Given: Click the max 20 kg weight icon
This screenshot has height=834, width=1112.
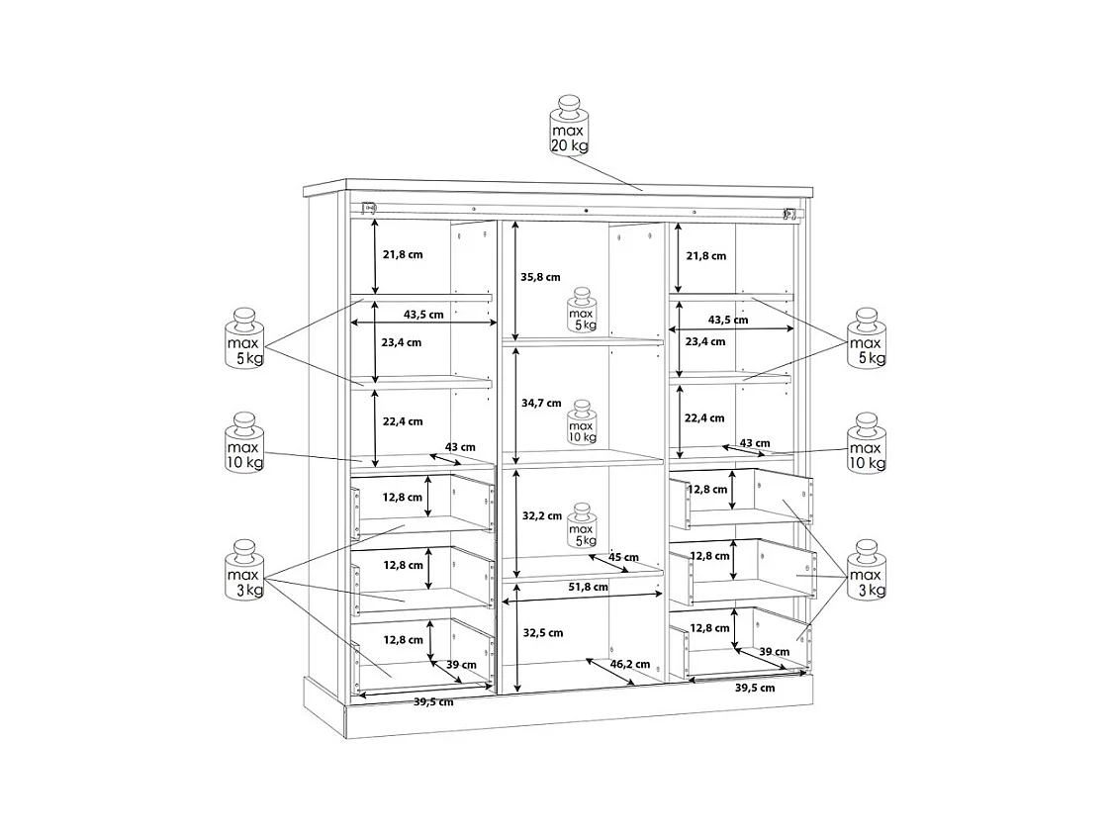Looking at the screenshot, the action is click(x=569, y=127).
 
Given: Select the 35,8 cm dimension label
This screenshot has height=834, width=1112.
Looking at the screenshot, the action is click(x=540, y=277).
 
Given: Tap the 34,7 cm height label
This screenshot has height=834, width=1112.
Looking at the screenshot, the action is click(x=540, y=403).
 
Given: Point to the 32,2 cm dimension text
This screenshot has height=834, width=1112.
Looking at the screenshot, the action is click(x=541, y=515).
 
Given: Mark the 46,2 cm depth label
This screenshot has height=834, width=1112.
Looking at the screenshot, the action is click(x=629, y=664).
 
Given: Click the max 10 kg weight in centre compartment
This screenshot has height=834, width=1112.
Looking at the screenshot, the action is click(x=582, y=423).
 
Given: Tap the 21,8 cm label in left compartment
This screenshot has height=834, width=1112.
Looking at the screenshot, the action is click(x=402, y=254).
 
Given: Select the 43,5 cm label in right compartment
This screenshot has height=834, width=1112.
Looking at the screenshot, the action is click(x=727, y=320).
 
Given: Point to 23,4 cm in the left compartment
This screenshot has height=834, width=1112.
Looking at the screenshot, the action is click(x=402, y=342).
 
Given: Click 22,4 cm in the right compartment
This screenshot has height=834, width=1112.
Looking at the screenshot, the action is click(x=705, y=417).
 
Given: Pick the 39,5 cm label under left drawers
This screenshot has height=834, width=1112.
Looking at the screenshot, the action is click(x=432, y=701).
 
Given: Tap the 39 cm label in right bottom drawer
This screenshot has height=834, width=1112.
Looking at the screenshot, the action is click(x=774, y=651).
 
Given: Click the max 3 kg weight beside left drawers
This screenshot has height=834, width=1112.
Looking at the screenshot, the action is click(x=243, y=571).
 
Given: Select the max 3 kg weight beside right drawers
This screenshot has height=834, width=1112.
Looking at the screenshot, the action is click(x=867, y=571).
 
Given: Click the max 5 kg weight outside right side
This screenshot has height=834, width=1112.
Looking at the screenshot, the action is click(x=867, y=338).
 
